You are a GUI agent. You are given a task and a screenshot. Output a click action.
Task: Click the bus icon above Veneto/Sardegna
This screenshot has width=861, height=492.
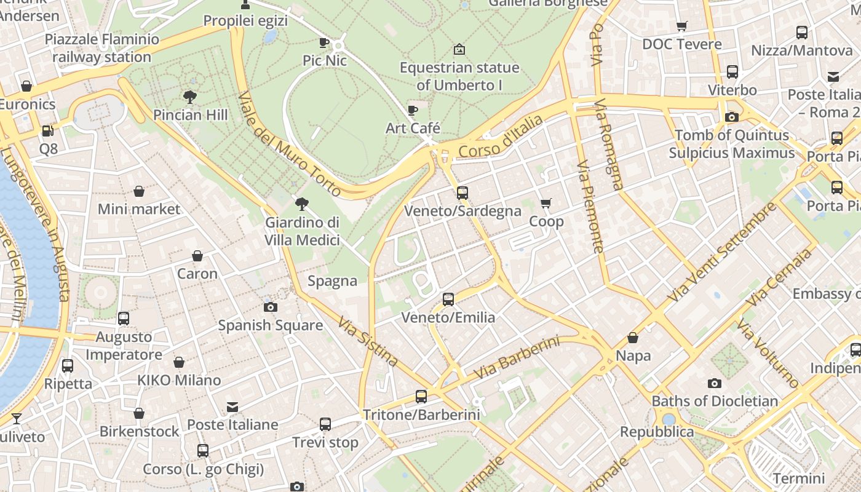tap(462, 193)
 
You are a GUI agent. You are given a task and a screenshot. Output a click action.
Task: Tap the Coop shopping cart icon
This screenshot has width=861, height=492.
tap(546, 203)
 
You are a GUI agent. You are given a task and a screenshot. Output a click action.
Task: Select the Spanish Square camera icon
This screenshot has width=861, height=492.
tap(270, 307)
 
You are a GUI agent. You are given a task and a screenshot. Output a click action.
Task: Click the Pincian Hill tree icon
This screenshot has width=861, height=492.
tap(190, 97)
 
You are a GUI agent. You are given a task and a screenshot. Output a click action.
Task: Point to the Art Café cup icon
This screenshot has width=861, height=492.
tap(413, 110)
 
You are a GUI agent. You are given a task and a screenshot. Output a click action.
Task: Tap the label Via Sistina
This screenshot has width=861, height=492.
tap(368, 341)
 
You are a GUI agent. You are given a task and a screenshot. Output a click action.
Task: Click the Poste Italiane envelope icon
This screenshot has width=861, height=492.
tap(232, 407)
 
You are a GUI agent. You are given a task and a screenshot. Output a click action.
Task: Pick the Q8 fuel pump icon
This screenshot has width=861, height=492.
tap(47, 131)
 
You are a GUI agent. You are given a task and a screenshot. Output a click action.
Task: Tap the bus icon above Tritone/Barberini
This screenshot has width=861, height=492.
tap(421, 397)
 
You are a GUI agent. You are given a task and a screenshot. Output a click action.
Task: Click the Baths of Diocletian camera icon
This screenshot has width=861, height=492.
tap(714, 383)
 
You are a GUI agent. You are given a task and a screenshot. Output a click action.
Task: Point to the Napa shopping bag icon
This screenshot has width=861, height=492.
tap(633, 338)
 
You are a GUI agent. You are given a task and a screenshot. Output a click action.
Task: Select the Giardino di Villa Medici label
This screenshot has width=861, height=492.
tap(302, 231)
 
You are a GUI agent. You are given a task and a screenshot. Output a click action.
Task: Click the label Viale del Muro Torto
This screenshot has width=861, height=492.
tap(288, 144)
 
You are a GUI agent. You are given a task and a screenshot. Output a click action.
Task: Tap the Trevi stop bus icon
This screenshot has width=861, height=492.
tap(325, 424)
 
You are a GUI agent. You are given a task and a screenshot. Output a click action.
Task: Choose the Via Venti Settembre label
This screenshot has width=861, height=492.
tap(722, 252)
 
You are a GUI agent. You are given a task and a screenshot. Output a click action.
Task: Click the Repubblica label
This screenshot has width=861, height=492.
tap(657, 432)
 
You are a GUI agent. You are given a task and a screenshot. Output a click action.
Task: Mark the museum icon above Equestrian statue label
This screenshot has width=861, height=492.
tap(459, 49)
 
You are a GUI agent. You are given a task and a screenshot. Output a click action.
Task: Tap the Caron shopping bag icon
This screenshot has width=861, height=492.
tap(197, 256)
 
